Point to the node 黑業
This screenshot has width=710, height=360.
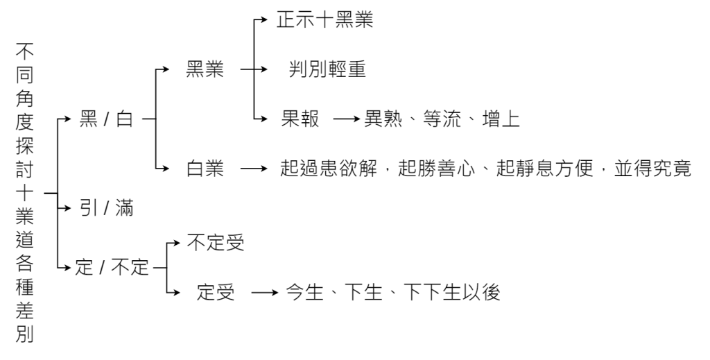[205, 69]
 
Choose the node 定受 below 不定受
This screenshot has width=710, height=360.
[216, 292]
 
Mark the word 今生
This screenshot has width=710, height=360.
[305, 292]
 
